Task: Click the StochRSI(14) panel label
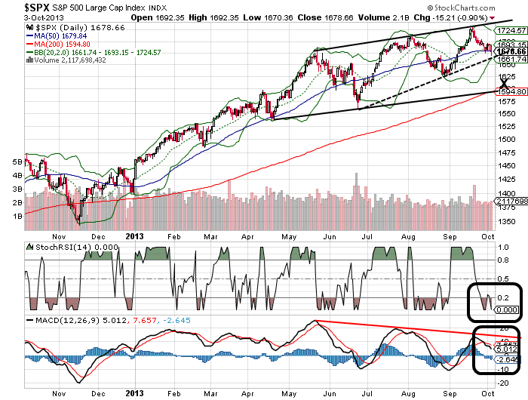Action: point(56,246)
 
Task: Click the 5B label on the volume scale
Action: point(15,162)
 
